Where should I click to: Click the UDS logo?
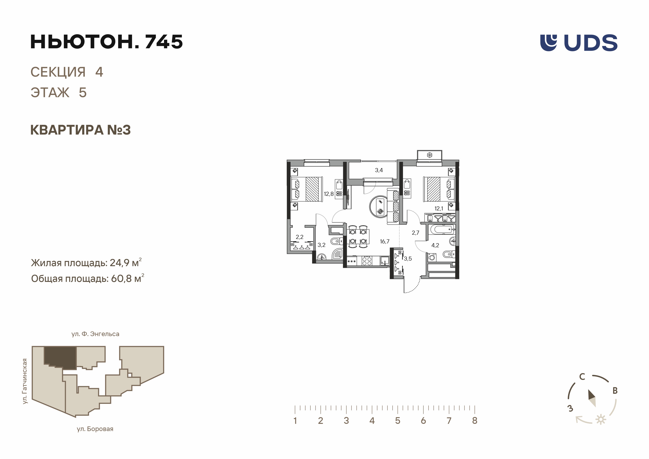(579, 43)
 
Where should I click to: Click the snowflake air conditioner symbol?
(430, 155)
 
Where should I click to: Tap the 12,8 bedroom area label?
(329, 194)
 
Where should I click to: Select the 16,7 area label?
(385, 241)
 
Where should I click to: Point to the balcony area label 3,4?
(379, 170)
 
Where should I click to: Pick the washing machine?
(432, 257)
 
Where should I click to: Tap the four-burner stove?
(367, 261)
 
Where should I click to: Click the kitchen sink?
(385, 261)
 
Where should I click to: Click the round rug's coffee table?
(380, 207)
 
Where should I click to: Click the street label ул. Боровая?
(95, 429)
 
